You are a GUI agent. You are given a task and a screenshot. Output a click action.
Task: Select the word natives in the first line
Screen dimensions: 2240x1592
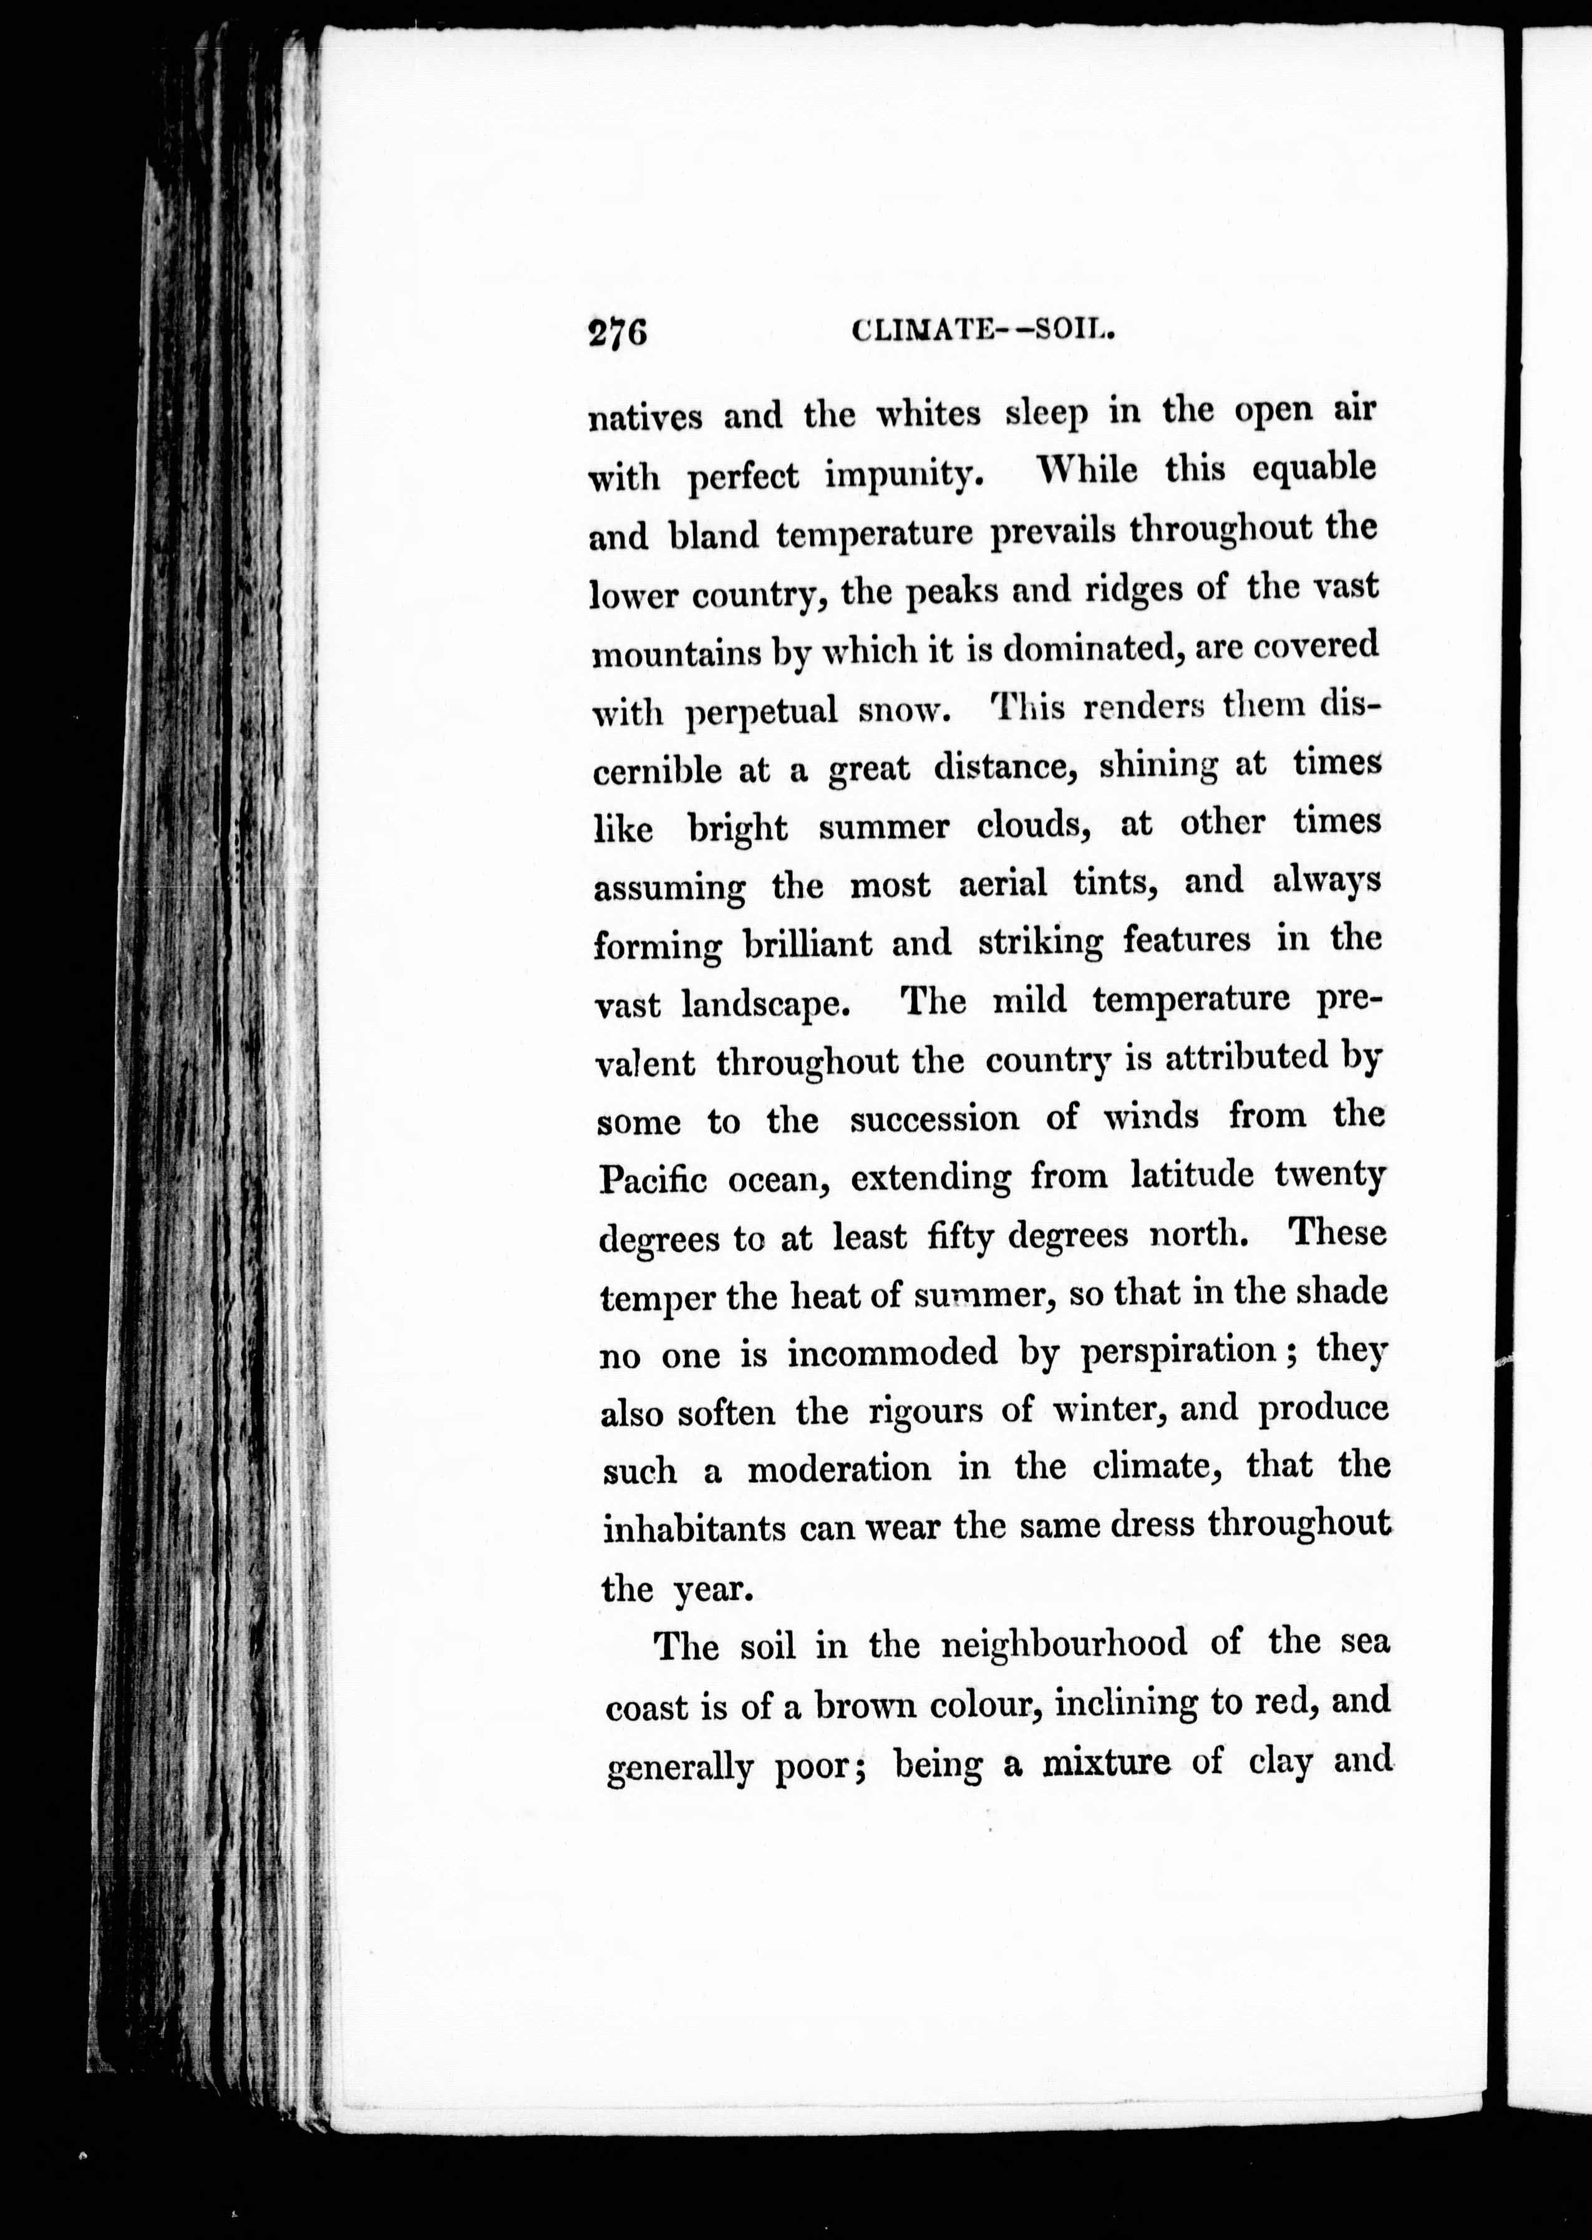click(646, 417)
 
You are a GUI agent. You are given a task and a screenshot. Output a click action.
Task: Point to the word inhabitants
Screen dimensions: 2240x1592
click(694, 1528)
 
